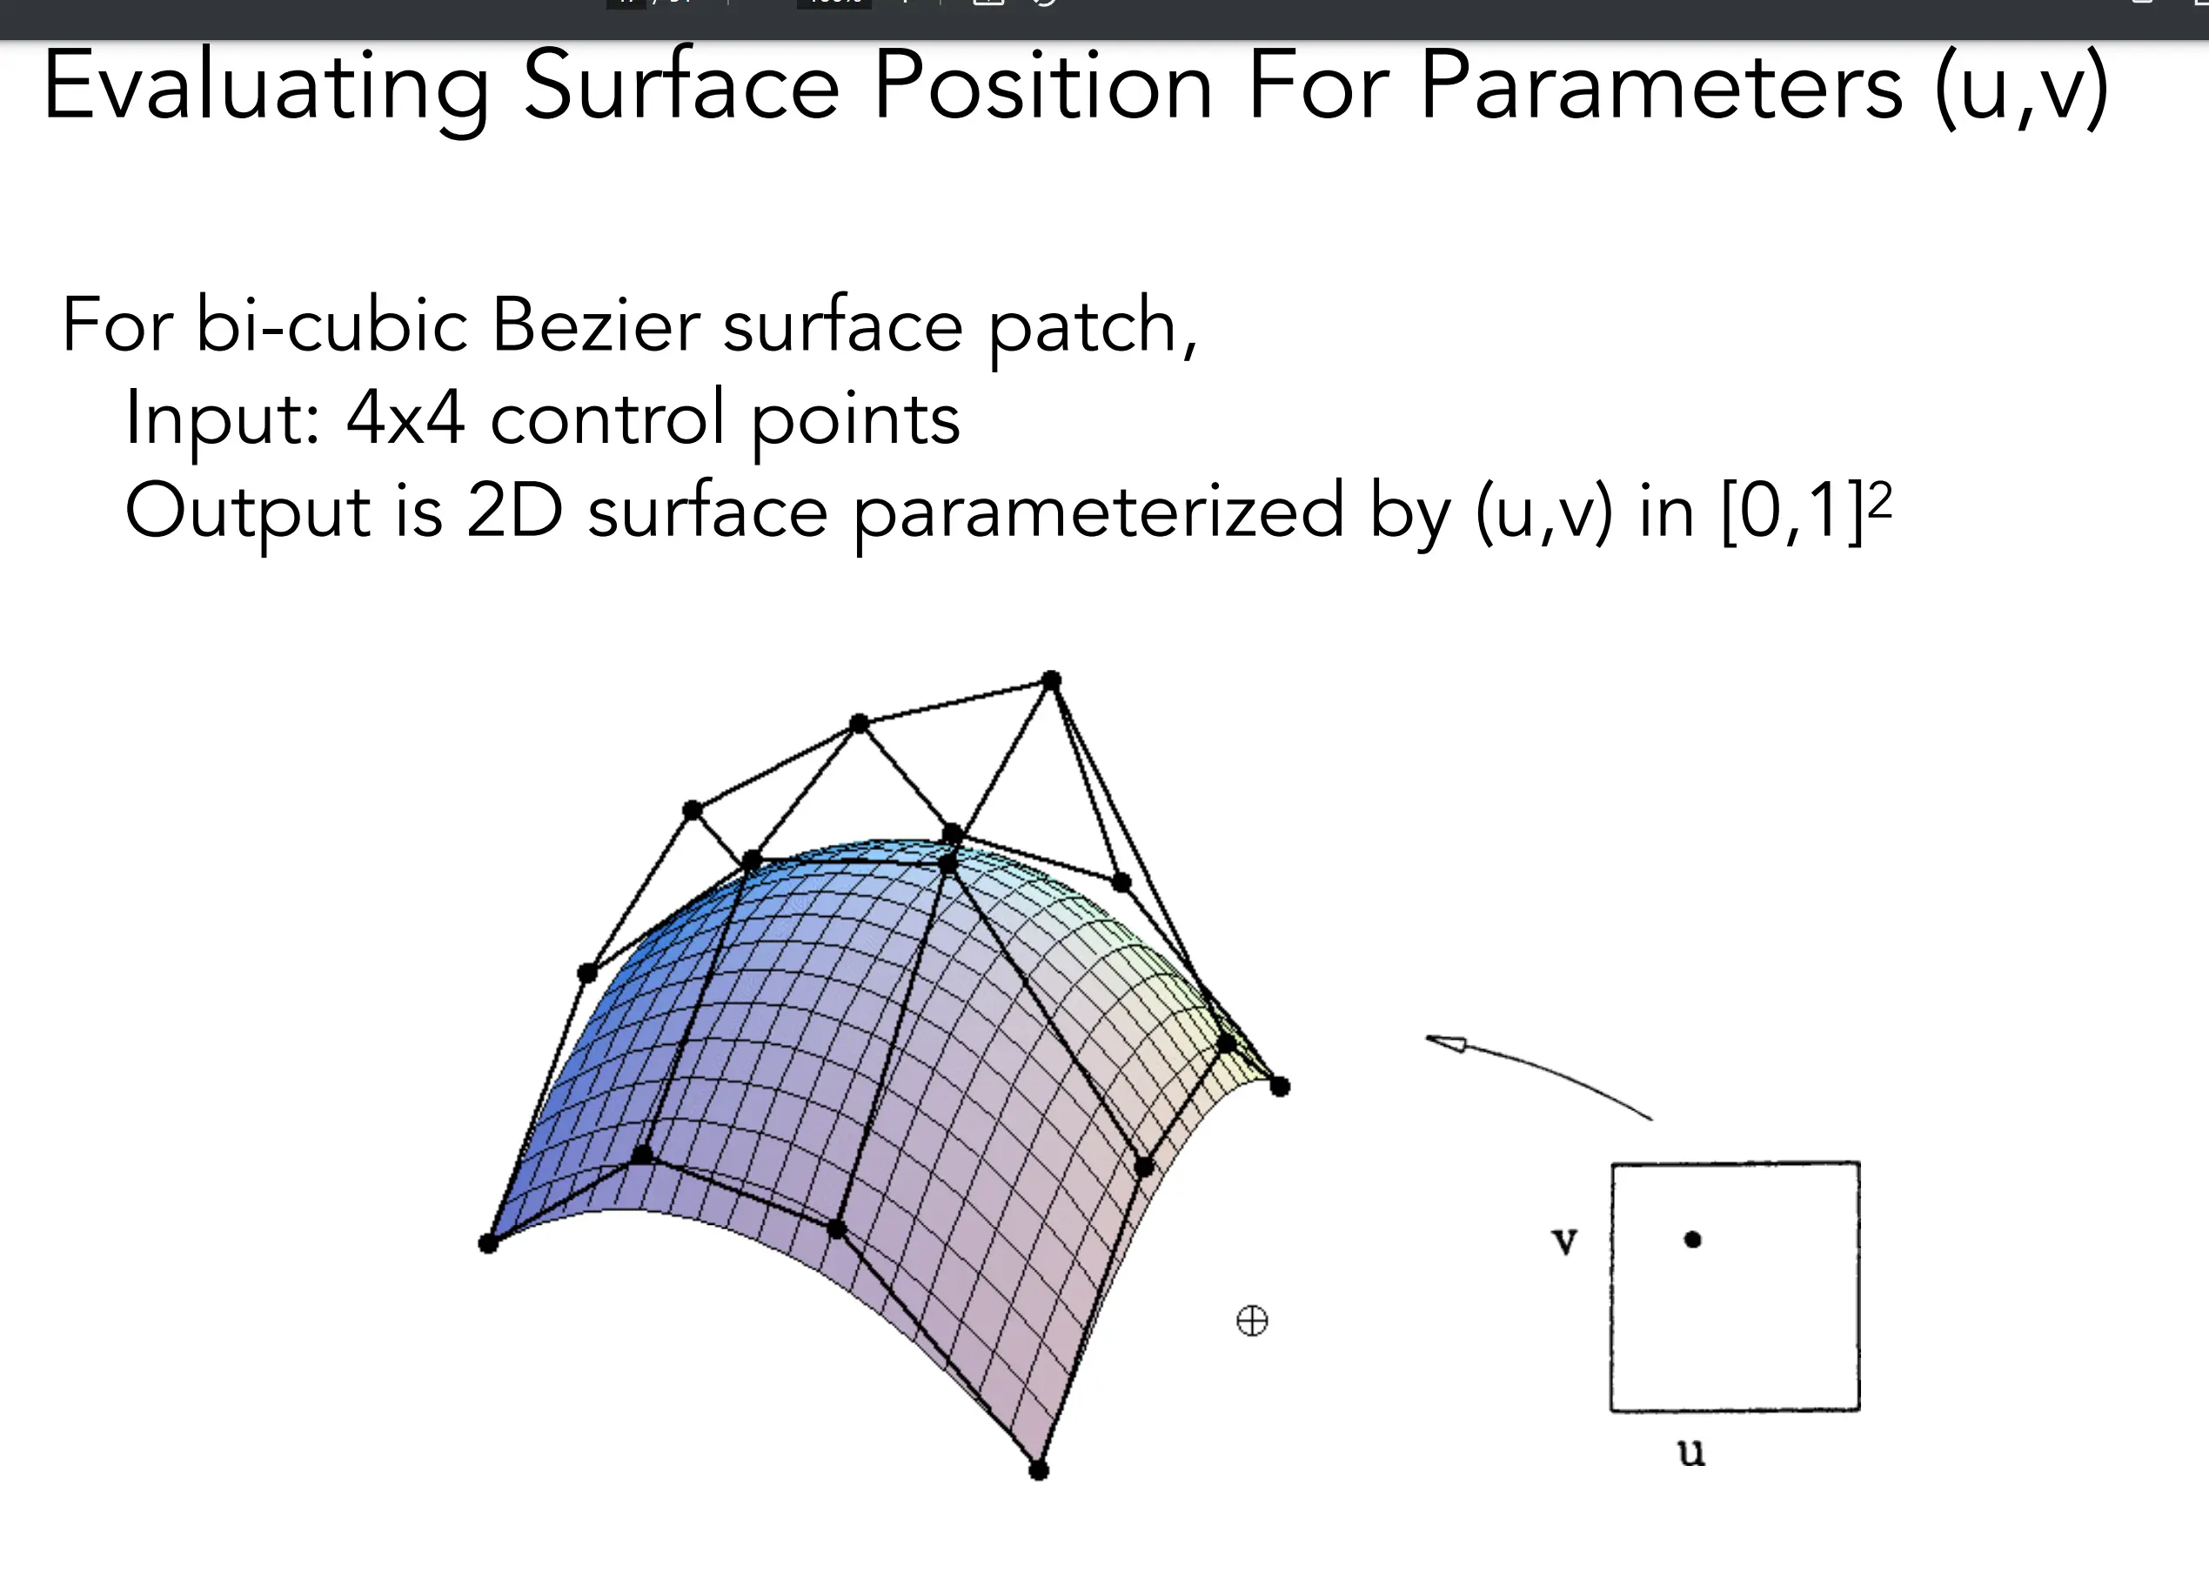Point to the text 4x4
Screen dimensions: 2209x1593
point(405,418)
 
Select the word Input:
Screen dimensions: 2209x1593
point(222,420)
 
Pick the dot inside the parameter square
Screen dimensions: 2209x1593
point(1693,1240)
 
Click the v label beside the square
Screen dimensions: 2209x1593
point(1564,1242)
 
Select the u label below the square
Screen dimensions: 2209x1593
point(1690,1452)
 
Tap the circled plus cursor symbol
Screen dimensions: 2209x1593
point(1252,1322)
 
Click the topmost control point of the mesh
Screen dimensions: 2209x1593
point(1051,679)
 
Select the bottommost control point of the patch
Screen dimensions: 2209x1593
point(1039,1470)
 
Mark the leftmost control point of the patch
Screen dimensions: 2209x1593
point(489,1243)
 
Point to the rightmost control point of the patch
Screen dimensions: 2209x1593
point(1280,1087)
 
